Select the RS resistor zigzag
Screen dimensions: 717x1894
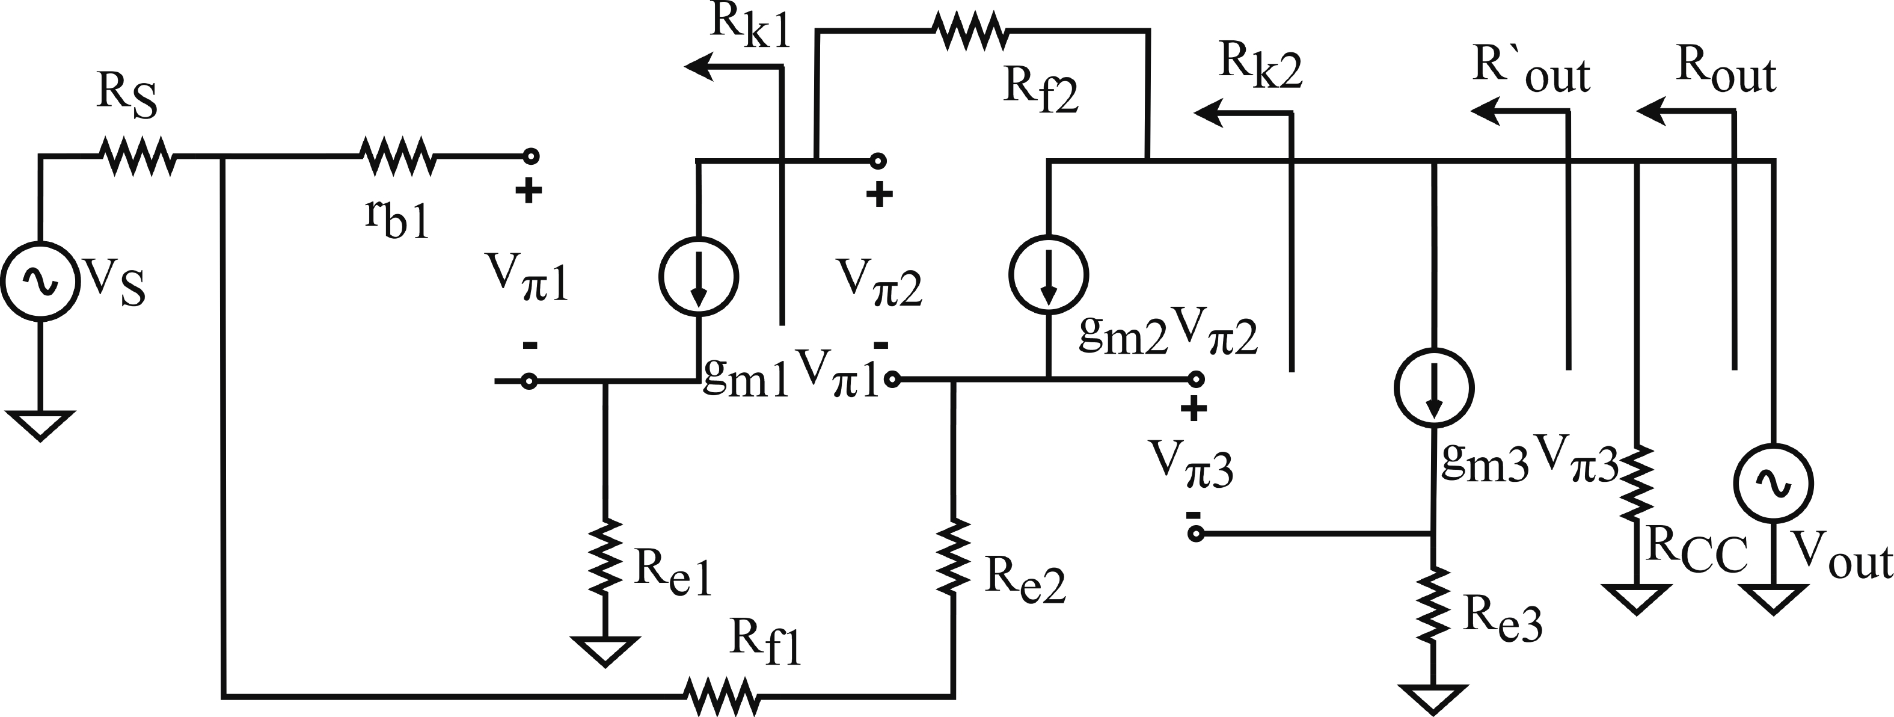coord(138,156)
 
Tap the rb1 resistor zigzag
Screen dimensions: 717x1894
coord(397,156)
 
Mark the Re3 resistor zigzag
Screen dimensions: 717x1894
coord(1433,605)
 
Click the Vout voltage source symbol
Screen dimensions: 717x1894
coord(1773,483)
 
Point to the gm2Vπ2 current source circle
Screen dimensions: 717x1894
coord(1049,274)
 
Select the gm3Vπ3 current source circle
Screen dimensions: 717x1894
coord(1434,387)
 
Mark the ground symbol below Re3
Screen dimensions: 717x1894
coord(1433,698)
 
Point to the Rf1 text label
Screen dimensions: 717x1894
coord(765,642)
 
